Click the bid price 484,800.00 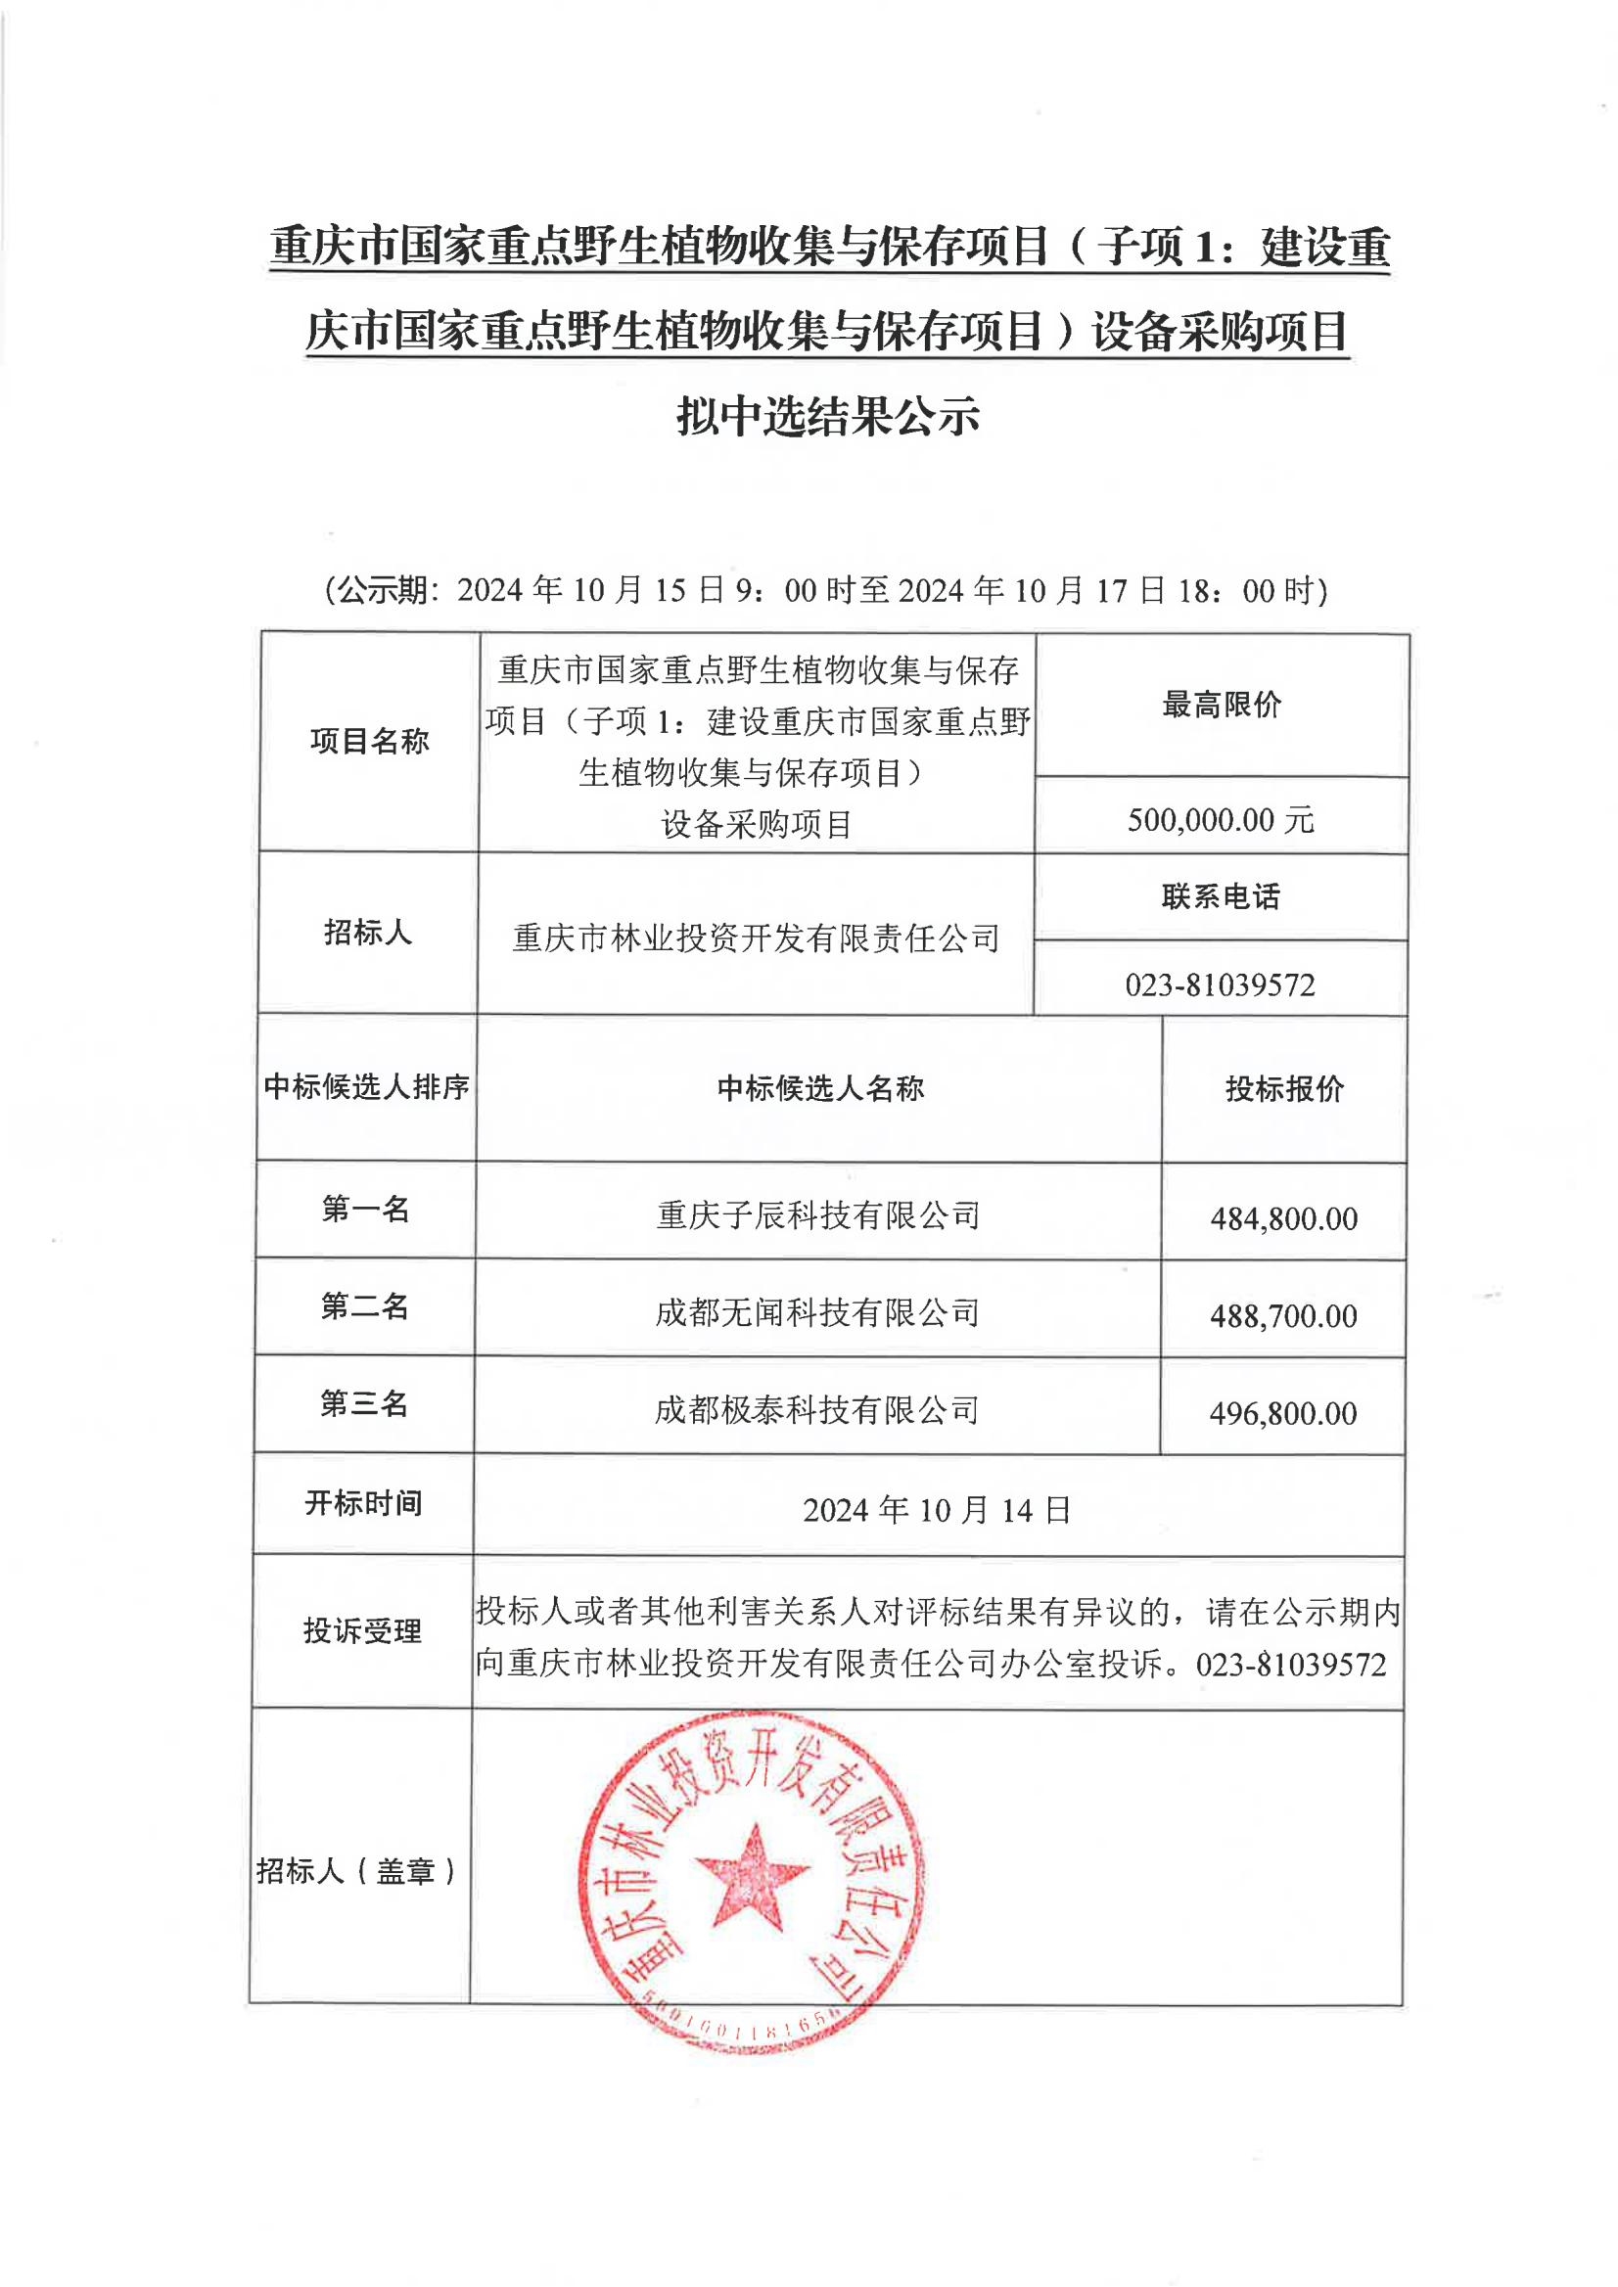point(1283,1218)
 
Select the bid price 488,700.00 point(1283,1316)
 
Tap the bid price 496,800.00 point(1282,1413)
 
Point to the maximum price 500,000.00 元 point(1221,820)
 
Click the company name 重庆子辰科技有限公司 point(818,1215)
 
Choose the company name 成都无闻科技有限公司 point(817,1313)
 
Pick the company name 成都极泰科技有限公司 point(816,1410)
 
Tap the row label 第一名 point(366,1210)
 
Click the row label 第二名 point(365,1305)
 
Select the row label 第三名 point(364,1403)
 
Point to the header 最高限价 point(1222,706)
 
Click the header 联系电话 point(1221,896)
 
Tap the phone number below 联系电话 point(1221,985)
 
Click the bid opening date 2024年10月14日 point(937,1510)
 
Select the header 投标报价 point(1284,1089)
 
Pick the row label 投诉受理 point(362,1631)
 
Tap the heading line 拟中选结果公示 point(828,416)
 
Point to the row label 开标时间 point(364,1503)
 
